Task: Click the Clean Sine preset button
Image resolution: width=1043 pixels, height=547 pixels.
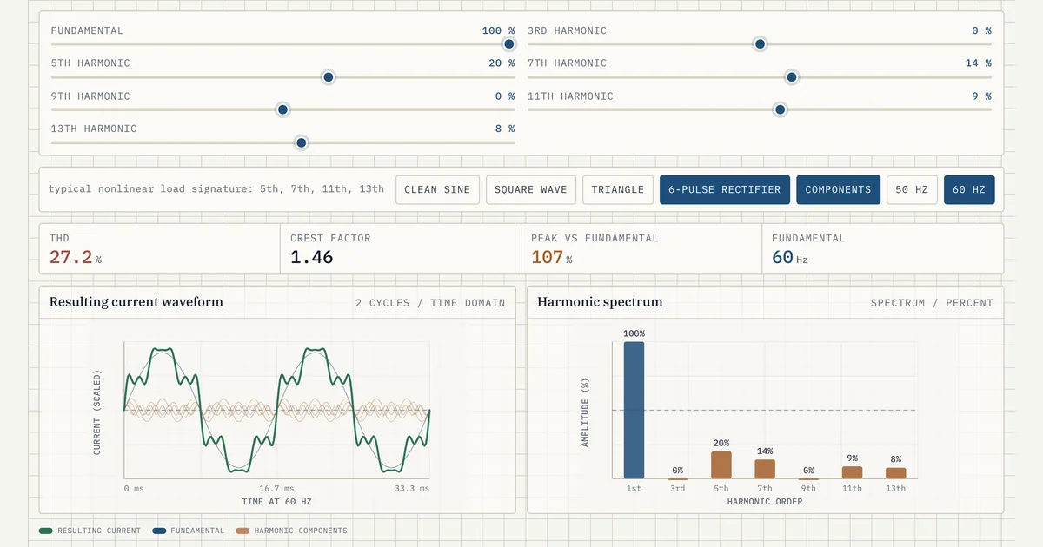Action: (x=437, y=190)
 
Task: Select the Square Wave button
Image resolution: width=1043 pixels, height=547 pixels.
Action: (x=531, y=190)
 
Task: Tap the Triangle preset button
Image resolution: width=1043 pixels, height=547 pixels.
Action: (x=617, y=190)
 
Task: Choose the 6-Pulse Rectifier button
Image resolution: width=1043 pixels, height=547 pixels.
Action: (x=725, y=190)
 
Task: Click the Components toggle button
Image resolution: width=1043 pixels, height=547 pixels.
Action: (x=838, y=190)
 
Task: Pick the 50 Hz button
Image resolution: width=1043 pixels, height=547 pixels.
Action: (x=912, y=190)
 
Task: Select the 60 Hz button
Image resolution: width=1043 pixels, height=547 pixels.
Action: (x=969, y=190)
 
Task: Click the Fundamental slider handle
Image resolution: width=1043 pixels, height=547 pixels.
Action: (x=509, y=44)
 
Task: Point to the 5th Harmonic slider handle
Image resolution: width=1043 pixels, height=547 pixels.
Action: (x=329, y=77)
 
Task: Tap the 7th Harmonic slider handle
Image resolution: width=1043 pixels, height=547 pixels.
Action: (x=792, y=77)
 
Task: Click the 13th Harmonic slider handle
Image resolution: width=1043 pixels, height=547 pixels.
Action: (x=302, y=142)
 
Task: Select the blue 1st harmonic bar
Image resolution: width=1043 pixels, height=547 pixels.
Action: (x=634, y=410)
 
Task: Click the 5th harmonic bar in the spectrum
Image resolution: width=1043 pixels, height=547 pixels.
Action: (x=721, y=465)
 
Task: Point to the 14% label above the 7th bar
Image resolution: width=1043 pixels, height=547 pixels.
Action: (x=765, y=451)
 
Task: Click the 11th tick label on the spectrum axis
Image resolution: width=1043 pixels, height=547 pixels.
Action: (x=852, y=488)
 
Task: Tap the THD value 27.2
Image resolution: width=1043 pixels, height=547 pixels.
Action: (x=70, y=257)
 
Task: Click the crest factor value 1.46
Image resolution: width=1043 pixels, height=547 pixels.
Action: (x=311, y=257)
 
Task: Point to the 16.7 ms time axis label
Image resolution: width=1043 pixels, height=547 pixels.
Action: (x=276, y=488)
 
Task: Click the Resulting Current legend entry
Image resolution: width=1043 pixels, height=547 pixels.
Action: (x=90, y=531)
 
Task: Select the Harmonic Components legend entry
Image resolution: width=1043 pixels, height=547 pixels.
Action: (x=291, y=531)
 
